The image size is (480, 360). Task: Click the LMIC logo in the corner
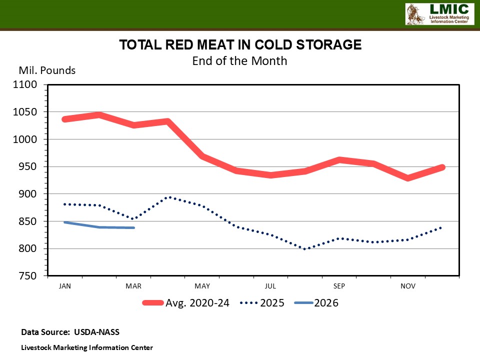(438, 14)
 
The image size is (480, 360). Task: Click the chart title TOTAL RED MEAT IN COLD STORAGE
(240, 45)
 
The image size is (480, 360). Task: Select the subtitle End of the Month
(240, 61)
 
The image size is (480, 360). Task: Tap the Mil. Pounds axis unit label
(47, 70)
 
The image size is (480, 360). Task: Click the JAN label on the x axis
(64, 286)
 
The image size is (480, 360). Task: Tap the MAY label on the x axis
(202, 286)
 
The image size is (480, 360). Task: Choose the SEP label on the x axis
(339, 286)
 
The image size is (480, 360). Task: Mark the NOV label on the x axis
(408, 286)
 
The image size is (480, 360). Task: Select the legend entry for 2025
(262, 303)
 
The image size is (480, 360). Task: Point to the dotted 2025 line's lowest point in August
(305, 249)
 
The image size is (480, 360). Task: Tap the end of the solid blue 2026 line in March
(133, 228)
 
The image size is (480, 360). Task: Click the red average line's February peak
(99, 115)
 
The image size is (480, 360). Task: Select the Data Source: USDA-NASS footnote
(70, 332)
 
